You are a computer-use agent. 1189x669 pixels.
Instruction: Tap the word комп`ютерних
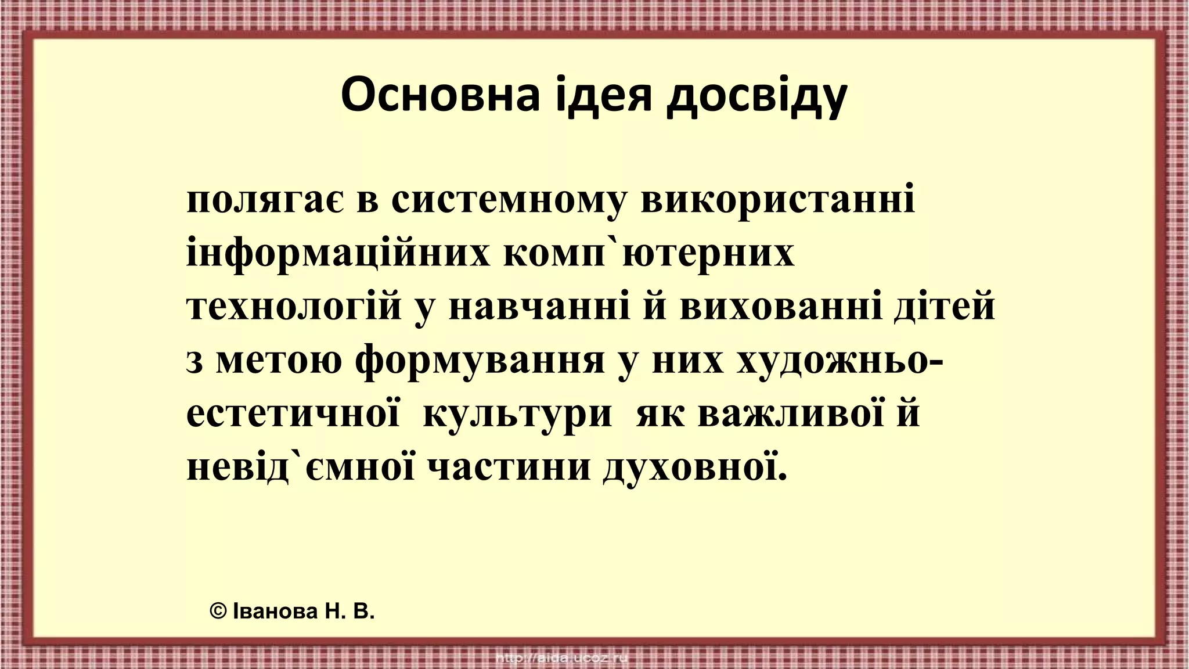tap(648, 254)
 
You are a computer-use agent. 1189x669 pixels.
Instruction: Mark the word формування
tap(480, 362)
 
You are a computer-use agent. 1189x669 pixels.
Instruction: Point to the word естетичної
tap(293, 415)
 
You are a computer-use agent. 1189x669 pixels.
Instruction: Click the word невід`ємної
tap(301, 468)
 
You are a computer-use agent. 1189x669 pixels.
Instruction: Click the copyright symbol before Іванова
tap(218, 612)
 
